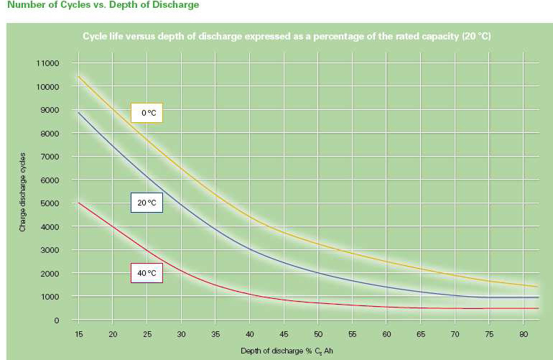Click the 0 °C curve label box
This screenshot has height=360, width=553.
click(x=147, y=112)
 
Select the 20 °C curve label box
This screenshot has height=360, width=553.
click(x=147, y=203)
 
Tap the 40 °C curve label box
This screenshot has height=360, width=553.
click(x=147, y=273)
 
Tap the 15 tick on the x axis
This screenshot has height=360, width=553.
click(x=78, y=334)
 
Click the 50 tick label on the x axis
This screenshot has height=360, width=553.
click(x=318, y=334)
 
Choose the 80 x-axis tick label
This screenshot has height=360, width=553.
click(x=524, y=334)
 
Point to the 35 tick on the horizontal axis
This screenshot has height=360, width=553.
click(x=215, y=334)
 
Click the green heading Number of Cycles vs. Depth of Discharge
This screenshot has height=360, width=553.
click(x=103, y=5)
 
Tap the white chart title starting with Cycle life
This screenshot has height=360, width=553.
click(x=286, y=35)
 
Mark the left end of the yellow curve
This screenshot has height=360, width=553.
click(x=78, y=76)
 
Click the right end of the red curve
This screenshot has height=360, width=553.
click(x=537, y=308)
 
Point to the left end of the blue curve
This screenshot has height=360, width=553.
click(x=78, y=112)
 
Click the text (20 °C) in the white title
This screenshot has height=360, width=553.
click(x=475, y=35)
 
